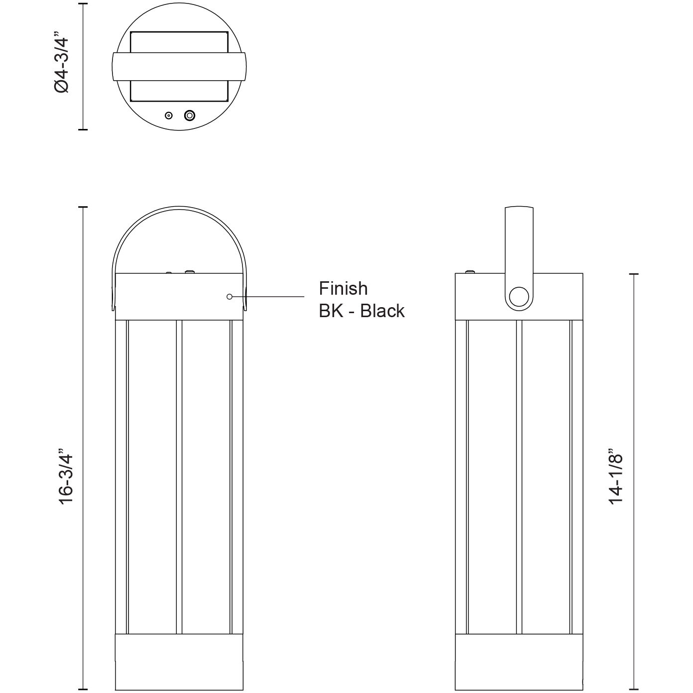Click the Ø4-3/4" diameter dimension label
(64, 64)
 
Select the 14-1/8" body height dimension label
(616, 478)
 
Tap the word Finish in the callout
(343, 289)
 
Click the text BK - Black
(361, 311)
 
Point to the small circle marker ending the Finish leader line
(230, 297)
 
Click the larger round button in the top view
(189, 115)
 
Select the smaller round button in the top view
(169, 115)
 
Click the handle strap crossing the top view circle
(179, 66)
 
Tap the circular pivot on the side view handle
(519, 297)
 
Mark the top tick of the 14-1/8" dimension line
(633, 274)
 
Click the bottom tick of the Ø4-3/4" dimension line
(83, 129)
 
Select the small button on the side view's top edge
(469, 272)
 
